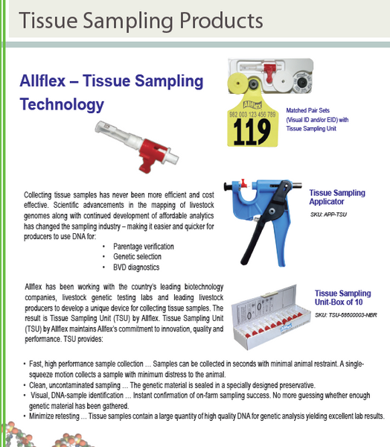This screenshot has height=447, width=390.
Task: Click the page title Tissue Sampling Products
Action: pos(141,21)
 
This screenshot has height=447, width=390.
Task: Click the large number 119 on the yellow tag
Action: pos(252,132)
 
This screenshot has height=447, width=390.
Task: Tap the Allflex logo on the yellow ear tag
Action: pos(252,105)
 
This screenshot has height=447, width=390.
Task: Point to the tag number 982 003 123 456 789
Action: pos(252,114)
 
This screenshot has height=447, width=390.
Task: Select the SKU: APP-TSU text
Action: pos(328,215)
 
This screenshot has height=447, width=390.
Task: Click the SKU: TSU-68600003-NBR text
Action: pos(346,315)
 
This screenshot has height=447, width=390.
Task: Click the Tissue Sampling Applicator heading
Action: pos(337,197)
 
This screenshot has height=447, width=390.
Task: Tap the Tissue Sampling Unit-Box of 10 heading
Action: pos(342,297)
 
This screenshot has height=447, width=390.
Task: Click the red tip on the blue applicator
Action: pos(244,183)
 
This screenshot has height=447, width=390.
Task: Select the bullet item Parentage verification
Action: pos(144,247)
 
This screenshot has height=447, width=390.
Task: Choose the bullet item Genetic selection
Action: pos(137,256)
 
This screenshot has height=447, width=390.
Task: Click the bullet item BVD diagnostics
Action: pos(136,267)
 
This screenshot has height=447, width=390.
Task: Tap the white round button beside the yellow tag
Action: pos(283,80)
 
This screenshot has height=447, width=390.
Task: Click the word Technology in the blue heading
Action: pos(62,104)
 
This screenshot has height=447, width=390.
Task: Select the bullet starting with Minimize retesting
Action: pos(207,416)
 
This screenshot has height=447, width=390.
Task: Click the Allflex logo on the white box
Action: pos(287,327)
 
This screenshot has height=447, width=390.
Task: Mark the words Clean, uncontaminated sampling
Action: pos(74,385)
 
